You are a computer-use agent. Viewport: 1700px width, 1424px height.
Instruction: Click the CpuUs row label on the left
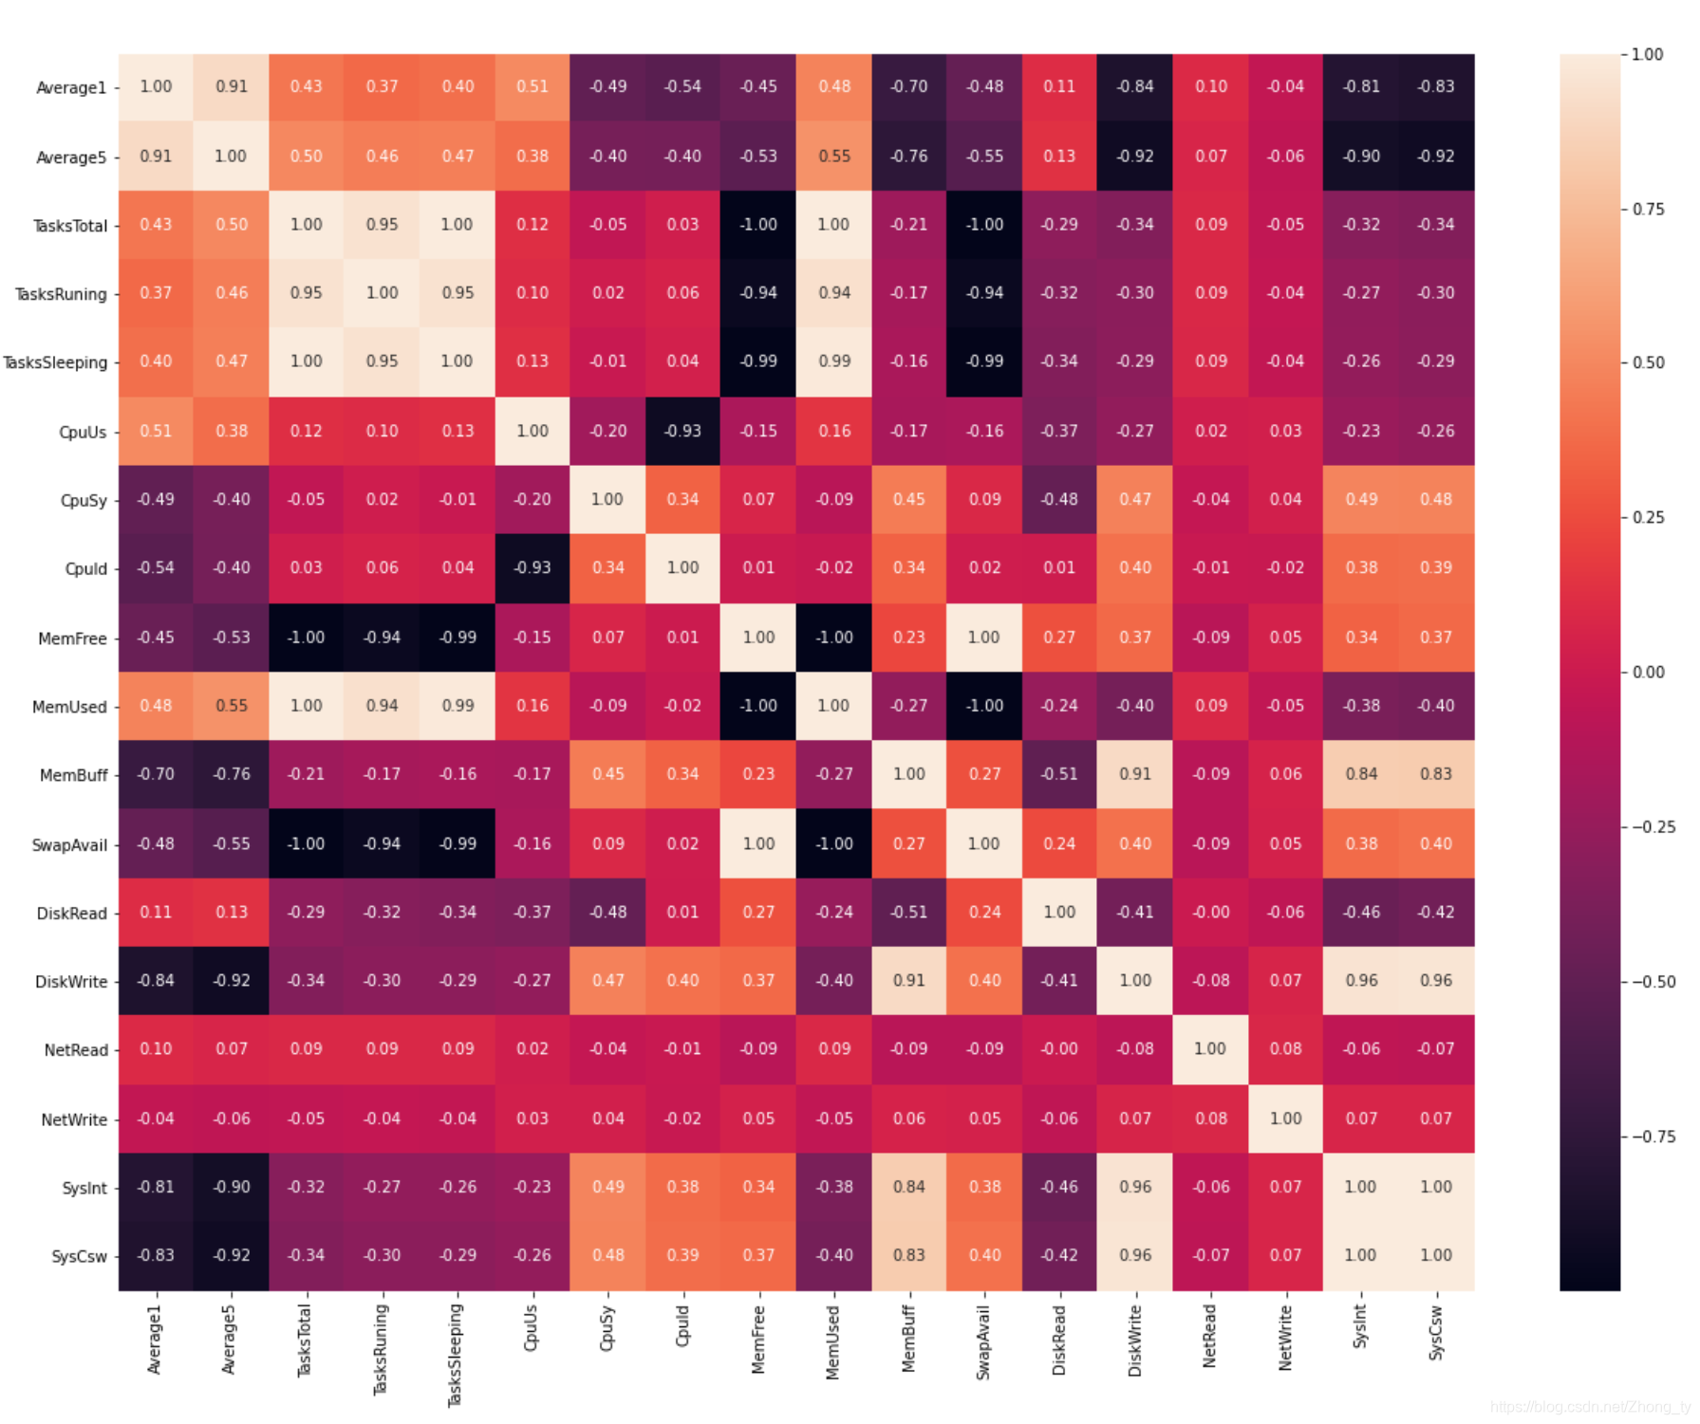pyautogui.click(x=83, y=432)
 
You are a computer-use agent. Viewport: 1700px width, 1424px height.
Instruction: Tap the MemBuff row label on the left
pyautogui.click(x=73, y=775)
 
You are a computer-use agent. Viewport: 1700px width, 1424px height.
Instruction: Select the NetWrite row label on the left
pyautogui.click(x=74, y=1119)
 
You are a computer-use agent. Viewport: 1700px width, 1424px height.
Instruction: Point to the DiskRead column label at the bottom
pyautogui.click(x=1059, y=1340)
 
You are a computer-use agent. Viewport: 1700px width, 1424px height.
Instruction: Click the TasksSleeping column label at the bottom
pyautogui.click(x=456, y=1355)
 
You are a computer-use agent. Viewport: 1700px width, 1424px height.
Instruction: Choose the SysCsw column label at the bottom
pyautogui.click(x=1435, y=1333)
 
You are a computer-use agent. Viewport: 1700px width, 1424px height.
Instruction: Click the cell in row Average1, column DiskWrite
pyautogui.click(x=1135, y=86)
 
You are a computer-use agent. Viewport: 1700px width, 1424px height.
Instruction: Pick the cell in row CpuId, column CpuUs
pyautogui.click(x=532, y=567)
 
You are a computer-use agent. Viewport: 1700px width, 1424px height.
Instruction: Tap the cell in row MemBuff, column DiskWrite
pyautogui.click(x=1135, y=774)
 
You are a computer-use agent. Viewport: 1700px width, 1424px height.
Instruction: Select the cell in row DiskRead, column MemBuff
pyautogui.click(x=908, y=912)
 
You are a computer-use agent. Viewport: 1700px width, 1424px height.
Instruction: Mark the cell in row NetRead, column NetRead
pyautogui.click(x=1210, y=1048)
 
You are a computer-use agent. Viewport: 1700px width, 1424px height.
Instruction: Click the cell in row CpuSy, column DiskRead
pyautogui.click(x=1059, y=499)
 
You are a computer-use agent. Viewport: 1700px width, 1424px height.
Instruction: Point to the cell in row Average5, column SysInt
pyautogui.click(x=1361, y=156)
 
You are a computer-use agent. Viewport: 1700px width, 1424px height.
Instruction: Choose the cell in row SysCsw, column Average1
pyautogui.click(x=156, y=1255)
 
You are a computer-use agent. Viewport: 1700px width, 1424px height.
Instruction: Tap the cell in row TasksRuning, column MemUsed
pyautogui.click(x=834, y=292)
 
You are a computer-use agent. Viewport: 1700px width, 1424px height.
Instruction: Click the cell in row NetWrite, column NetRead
pyautogui.click(x=1210, y=1118)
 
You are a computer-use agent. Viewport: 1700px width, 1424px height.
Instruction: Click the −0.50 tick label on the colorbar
pyautogui.click(x=1653, y=981)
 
